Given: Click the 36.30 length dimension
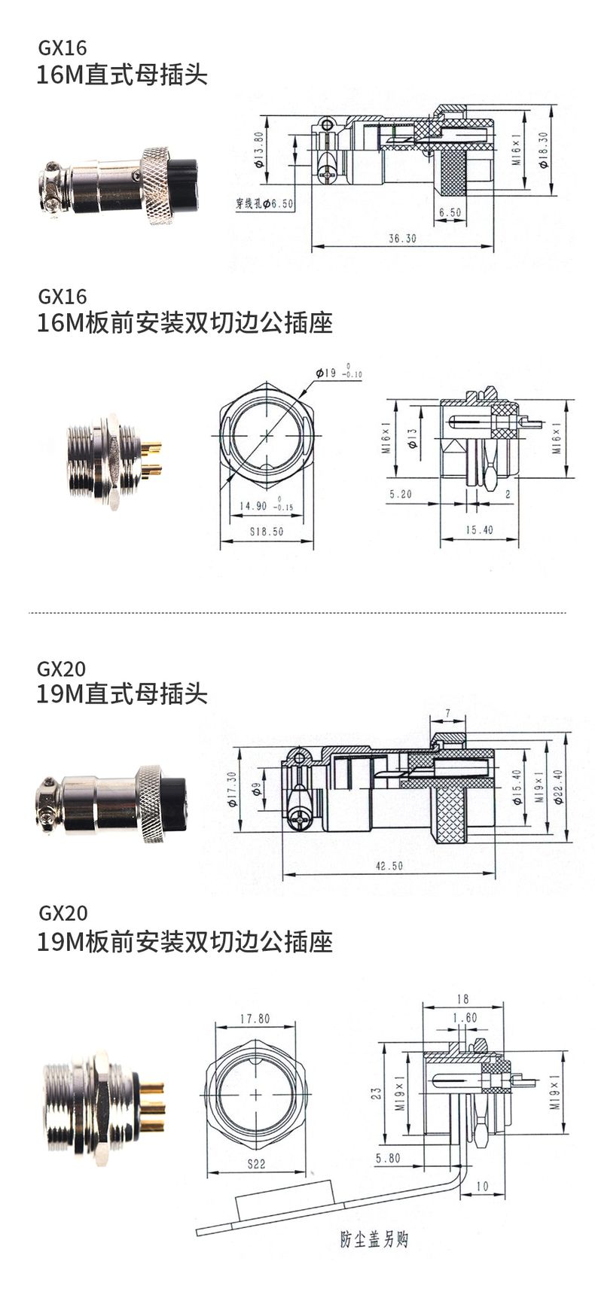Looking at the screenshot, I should [402, 238].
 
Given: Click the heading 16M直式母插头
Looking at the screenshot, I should [122, 75].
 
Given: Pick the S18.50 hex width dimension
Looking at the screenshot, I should [267, 531].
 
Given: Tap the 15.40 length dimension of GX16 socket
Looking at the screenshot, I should [479, 530].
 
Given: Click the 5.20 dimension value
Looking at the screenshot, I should [400, 494].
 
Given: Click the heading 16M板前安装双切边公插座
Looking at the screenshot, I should [185, 323].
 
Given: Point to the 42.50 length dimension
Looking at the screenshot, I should [389, 866].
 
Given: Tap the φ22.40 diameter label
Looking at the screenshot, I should [558, 786].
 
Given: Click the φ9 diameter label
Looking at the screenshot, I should [256, 789].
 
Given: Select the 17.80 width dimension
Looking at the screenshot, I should [255, 1019].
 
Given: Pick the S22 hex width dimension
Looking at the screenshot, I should [256, 1163].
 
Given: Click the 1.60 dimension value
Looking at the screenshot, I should [465, 1017].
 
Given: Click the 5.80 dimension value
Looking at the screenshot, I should [388, 1158].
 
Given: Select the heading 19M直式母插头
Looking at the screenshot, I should [122, 694].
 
